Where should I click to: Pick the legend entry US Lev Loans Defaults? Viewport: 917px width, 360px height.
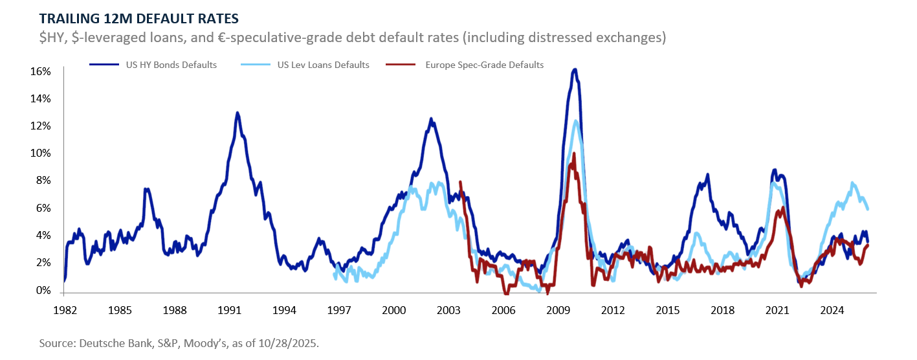[x=323, y=65]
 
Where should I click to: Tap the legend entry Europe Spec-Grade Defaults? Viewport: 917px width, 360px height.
[x=484, y=65]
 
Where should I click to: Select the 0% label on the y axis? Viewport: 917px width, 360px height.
[x=43, y=291]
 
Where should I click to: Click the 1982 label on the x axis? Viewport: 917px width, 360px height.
[x=65, y=309]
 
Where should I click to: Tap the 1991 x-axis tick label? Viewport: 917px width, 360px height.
[x=230, y=309]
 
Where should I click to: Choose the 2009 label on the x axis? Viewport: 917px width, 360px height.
[x=558, y=309]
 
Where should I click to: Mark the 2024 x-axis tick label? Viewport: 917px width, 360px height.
[x=832, y=309]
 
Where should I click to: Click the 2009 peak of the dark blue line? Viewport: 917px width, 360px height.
[x=575, y=69]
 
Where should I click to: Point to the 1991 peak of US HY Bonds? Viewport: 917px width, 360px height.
[x=238, y=113]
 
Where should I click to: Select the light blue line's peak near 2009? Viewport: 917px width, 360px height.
[x=575, y=120]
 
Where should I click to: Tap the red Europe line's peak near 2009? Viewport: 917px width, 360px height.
[x=573, y=154]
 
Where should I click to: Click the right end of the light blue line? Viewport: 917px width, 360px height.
[x=867, y=208]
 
